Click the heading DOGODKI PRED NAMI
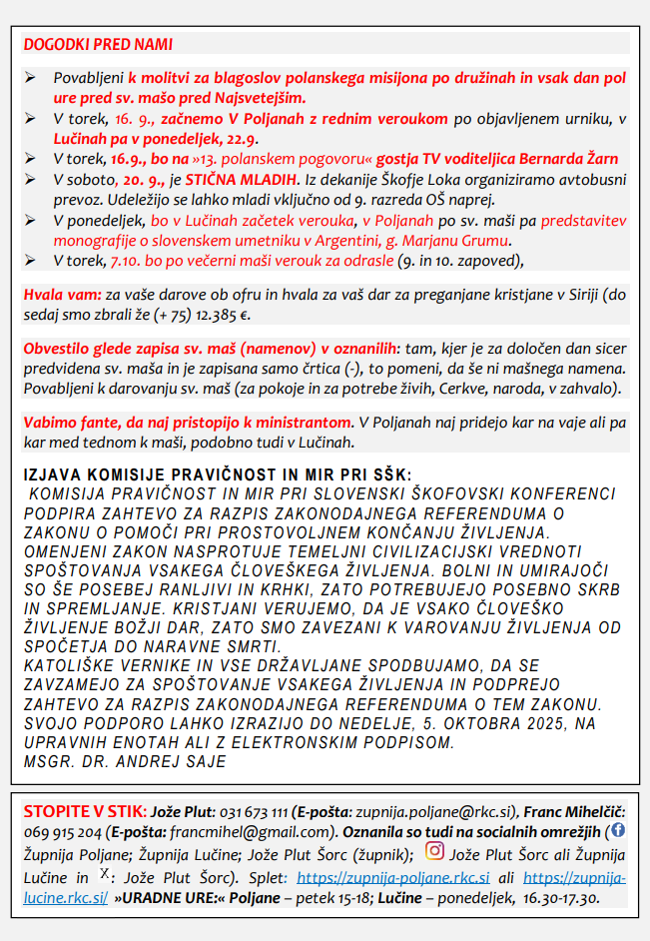click(x=98, y=45)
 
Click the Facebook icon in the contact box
click(x=617, y=829)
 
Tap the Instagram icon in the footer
click(x=434, y=851)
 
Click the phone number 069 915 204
click(x=64, y=831)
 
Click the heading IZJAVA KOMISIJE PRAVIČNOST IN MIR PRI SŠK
click(x=216, y=474)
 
